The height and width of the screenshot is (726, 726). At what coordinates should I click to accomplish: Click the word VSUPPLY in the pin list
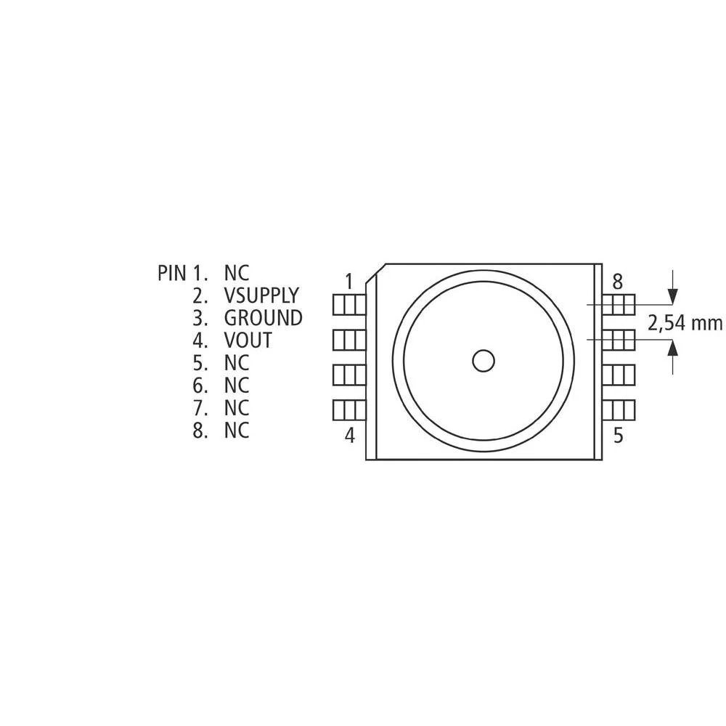261,295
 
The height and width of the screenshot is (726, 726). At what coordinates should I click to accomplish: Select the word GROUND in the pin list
263,318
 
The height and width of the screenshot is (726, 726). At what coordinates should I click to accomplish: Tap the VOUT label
248,340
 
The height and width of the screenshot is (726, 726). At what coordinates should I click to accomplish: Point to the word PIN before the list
173,273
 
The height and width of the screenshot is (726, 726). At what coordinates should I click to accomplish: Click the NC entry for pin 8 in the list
237,431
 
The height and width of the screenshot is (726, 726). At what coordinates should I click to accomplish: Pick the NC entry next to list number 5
237,363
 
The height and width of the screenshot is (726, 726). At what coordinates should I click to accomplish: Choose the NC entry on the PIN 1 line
237,273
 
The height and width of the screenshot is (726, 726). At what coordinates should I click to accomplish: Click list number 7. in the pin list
201,408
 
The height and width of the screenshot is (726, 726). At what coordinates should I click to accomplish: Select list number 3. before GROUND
201,318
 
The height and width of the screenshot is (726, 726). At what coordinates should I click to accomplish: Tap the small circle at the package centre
483,360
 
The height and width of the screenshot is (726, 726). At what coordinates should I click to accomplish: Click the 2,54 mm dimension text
685,323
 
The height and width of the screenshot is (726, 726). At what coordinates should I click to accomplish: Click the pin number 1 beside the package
349,280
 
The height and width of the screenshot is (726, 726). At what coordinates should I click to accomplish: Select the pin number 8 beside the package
618,281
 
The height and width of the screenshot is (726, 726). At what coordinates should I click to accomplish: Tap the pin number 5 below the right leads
619,436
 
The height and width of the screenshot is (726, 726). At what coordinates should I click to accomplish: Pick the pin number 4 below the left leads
349,436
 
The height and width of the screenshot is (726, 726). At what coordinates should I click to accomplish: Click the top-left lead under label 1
348,304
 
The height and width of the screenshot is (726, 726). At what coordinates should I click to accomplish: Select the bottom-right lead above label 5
619,410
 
